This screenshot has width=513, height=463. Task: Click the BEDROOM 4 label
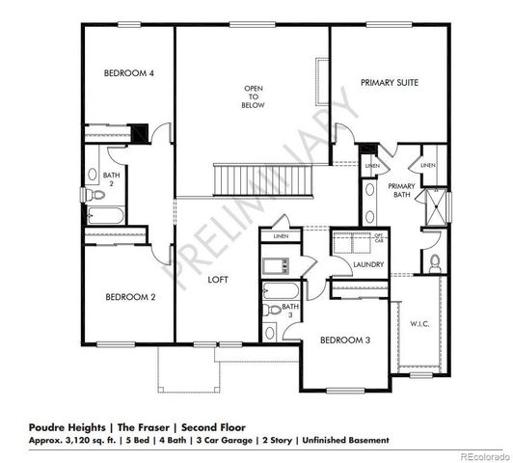pos(129,73)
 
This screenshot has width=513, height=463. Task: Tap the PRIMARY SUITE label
pos(389,84)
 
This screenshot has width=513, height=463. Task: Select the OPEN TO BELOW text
pos(253,96)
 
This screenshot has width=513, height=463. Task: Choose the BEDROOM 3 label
pos(344,340)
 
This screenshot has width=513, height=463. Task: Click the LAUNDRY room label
pos(369,264)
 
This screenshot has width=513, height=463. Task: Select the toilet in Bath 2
pos(94,196)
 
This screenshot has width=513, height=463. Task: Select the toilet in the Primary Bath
pos(435,262)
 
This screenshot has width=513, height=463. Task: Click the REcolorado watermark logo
pos(483,455)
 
